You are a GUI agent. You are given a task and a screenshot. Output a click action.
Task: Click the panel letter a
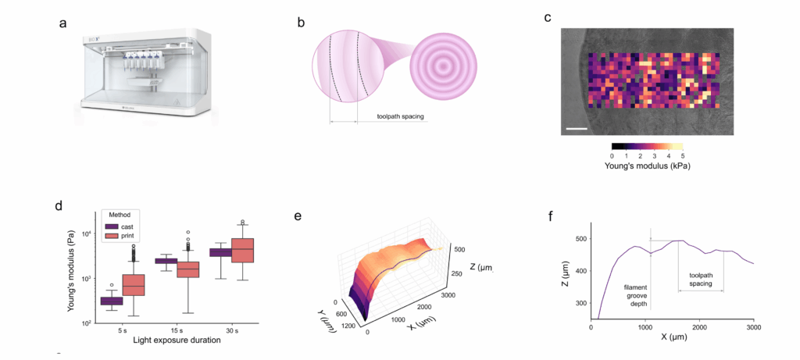click(x=62, y=23)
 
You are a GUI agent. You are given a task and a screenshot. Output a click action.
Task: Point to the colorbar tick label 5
click(x=683, y=155)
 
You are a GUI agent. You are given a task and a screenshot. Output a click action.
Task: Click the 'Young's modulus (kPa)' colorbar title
click(x=648, y=166)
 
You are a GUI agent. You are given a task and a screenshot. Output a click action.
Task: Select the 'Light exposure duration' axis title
click(x=165, y=342)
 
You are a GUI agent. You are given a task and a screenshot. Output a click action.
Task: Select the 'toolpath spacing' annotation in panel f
click(x=701, y=279)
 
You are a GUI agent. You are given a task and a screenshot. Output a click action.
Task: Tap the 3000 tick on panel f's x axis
click(x=753, y=328)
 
